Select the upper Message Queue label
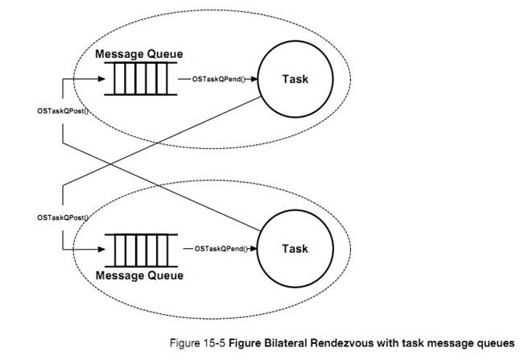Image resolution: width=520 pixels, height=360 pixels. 139,54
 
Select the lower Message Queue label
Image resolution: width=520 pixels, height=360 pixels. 139,275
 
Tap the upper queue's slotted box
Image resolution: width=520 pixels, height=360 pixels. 139,79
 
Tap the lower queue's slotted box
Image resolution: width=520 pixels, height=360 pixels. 139,250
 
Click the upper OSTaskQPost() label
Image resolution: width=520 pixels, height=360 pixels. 60,110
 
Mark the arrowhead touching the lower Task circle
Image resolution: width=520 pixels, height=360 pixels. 258,250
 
